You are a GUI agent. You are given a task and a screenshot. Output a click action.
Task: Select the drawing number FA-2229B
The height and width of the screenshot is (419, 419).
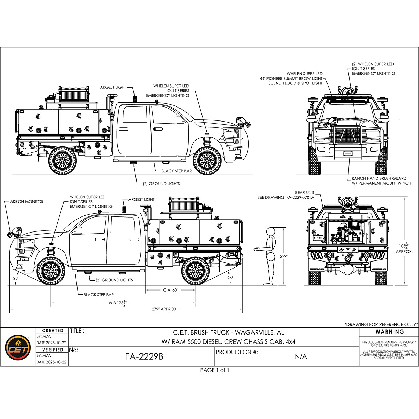tap(144, 357)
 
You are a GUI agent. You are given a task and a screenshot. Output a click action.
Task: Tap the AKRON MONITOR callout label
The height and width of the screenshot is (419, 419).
tap(27, 202)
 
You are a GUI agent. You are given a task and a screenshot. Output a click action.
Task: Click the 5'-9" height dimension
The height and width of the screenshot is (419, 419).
tap(283, 256)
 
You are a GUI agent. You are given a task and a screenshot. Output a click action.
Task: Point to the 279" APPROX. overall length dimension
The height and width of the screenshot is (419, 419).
tap(165, 309)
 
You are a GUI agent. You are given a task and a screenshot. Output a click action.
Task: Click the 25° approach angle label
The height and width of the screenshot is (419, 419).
tap(16, 278)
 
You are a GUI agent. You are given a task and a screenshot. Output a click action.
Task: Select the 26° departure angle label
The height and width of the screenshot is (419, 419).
tap(230, 278)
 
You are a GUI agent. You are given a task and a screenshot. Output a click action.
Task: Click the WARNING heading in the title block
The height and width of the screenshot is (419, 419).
tap(390, 332)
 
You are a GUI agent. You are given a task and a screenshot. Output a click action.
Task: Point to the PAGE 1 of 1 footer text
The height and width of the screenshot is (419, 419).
tap(215, 370)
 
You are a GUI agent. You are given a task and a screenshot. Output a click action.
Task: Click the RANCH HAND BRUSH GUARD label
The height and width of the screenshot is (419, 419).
tap(379, 178)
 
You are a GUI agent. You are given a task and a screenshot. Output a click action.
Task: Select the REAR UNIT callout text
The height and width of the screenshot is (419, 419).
tap(305, 192)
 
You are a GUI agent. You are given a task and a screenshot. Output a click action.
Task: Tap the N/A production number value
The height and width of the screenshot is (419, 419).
tap(301, 357)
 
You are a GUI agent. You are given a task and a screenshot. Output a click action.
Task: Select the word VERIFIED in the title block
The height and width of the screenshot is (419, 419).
tap(52, 350)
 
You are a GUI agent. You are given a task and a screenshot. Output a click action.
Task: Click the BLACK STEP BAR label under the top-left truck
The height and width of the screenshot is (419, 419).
tap(177, 171)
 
